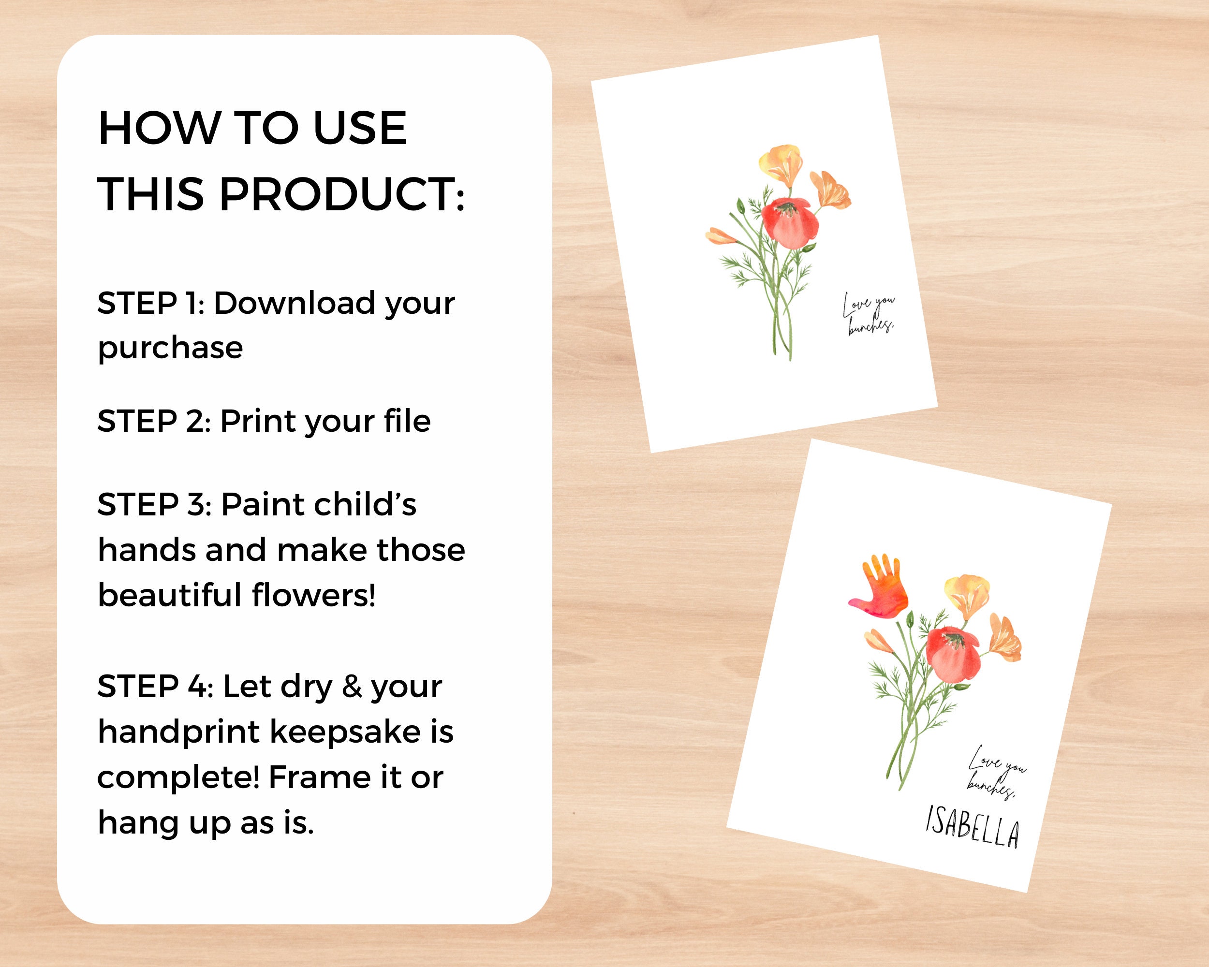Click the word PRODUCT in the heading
coord(341,194)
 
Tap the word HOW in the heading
coord(159,129)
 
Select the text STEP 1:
coord(151,304)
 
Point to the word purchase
coord(170,349)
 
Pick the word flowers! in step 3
coord(313,595)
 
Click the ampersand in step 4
coord(352,687)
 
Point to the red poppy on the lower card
coord(953,654)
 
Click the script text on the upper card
coord(869,314)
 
